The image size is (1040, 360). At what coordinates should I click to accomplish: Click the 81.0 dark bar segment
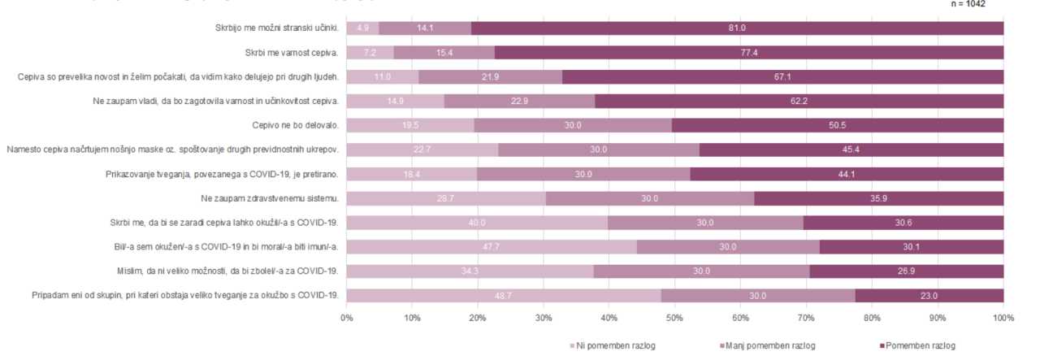pyautogui.click(x=737, y=28)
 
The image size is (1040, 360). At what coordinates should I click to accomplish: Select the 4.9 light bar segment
pyautogui.click(x=362, y=28)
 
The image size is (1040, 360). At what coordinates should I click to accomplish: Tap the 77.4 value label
pyautogui.click(x=748, y=53)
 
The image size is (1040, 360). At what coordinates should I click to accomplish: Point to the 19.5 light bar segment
pyautogui.click(x=410, y=126)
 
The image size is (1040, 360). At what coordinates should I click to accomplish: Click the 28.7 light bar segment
pyautogui.click(x=446, y=198)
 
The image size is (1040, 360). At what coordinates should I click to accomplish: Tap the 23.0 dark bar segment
pyautogui.click(x=929, y=296)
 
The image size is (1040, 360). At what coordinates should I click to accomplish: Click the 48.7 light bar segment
pyautogui.click(x=504, y=296)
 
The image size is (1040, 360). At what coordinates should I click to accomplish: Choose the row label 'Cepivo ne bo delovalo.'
pyautogui.click(x=296, y=126)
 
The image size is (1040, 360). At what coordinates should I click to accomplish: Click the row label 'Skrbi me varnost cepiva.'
pyautogui.click(x=292, y=53)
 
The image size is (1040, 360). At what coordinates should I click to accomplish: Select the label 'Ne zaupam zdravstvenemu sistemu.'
pyautogui.click(x=270, y=198)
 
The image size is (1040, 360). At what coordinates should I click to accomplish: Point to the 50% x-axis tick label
pyautogui.click(x=675, y=317)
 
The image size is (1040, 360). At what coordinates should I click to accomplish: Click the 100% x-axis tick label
pyautogui.click(x=1003, y=317)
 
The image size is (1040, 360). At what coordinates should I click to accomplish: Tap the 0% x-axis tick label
pyautogui.click(x=347, y=317)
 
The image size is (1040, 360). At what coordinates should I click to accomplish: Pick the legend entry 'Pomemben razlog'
pyautogui.click(x=917, y=345)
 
